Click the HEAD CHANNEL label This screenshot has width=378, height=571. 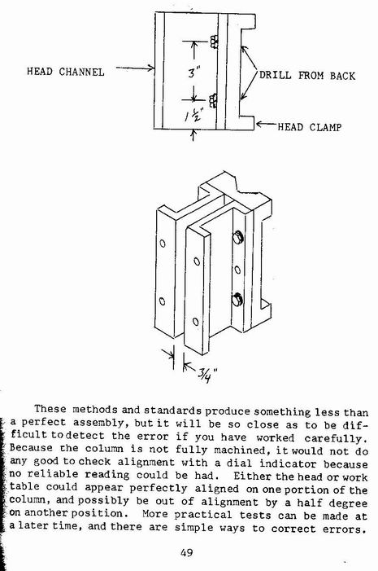tap(65, 72)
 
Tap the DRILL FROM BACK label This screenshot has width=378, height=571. tap(307, 76)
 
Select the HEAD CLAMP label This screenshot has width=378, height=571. tap(310, 127)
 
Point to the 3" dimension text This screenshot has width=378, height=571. tap(194, 72)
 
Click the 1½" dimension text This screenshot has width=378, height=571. tap(193, 116)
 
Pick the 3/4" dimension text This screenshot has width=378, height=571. tap(207, 375)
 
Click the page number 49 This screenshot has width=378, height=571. tap(186, 552)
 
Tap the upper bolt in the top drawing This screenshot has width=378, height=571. tap(214, 42)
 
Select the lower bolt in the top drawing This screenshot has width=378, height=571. tap(213, 100)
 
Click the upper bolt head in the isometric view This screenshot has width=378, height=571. tap(237, 238)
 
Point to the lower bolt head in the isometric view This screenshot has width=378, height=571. tap(237, 299)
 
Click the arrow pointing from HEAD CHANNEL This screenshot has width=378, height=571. tap(135, 68)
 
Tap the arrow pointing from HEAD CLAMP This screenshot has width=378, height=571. tap(267, 125)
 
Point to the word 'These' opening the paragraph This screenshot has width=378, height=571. tap(50, 409)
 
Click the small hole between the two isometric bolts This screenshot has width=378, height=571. tap(237, 270)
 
